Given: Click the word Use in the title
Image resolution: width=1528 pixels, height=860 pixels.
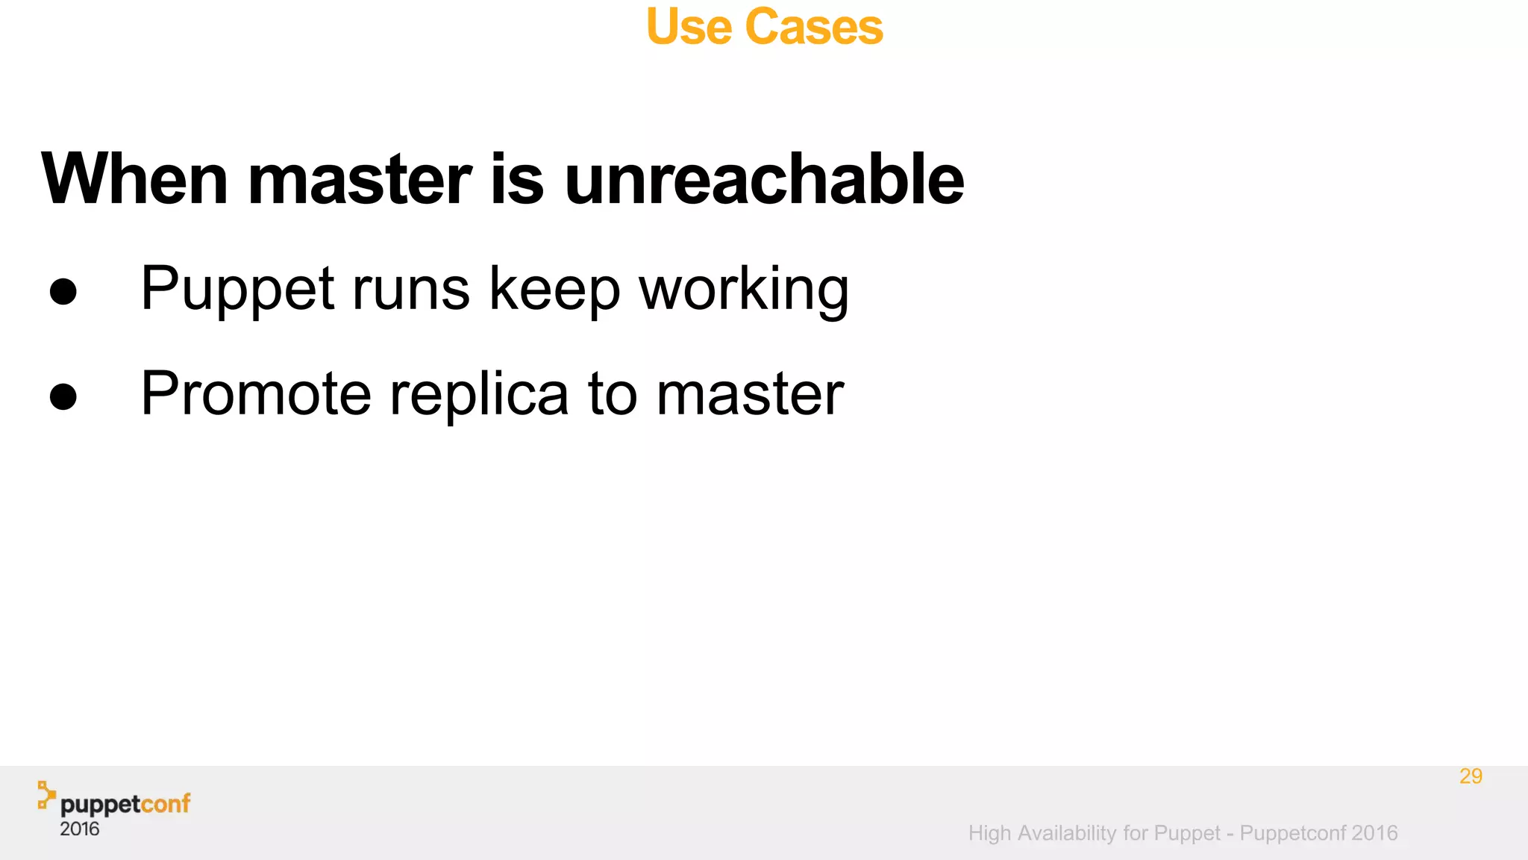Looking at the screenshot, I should coord(689,27).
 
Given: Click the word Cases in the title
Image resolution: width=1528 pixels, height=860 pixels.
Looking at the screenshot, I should coord(814,27).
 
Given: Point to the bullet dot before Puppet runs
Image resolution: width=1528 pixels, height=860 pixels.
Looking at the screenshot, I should coord(63,291).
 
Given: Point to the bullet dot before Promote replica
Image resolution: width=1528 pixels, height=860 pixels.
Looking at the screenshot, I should coord(63,396).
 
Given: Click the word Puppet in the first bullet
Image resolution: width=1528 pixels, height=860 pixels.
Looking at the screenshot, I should coord(237,290).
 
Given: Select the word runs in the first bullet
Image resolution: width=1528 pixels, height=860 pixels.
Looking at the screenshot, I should coord(411,290).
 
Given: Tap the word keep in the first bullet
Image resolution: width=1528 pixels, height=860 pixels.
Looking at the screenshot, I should coord(554,290).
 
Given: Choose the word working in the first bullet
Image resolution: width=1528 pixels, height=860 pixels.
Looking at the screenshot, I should coord(744,290).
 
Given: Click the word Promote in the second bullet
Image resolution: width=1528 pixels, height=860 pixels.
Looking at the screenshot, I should coord(256,394).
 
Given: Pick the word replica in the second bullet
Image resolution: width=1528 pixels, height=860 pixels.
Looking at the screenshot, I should coord(479,394).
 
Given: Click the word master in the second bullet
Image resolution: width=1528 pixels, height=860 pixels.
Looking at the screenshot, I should coord(750,394).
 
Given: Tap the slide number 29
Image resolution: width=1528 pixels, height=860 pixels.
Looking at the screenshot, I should coord(1471,776).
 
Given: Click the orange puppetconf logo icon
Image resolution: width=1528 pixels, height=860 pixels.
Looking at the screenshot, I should coord(46,795).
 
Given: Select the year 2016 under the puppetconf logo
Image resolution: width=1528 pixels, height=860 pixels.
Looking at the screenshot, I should coord(80,829).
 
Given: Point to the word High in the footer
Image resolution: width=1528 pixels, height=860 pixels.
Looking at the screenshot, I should coord(989,833).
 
